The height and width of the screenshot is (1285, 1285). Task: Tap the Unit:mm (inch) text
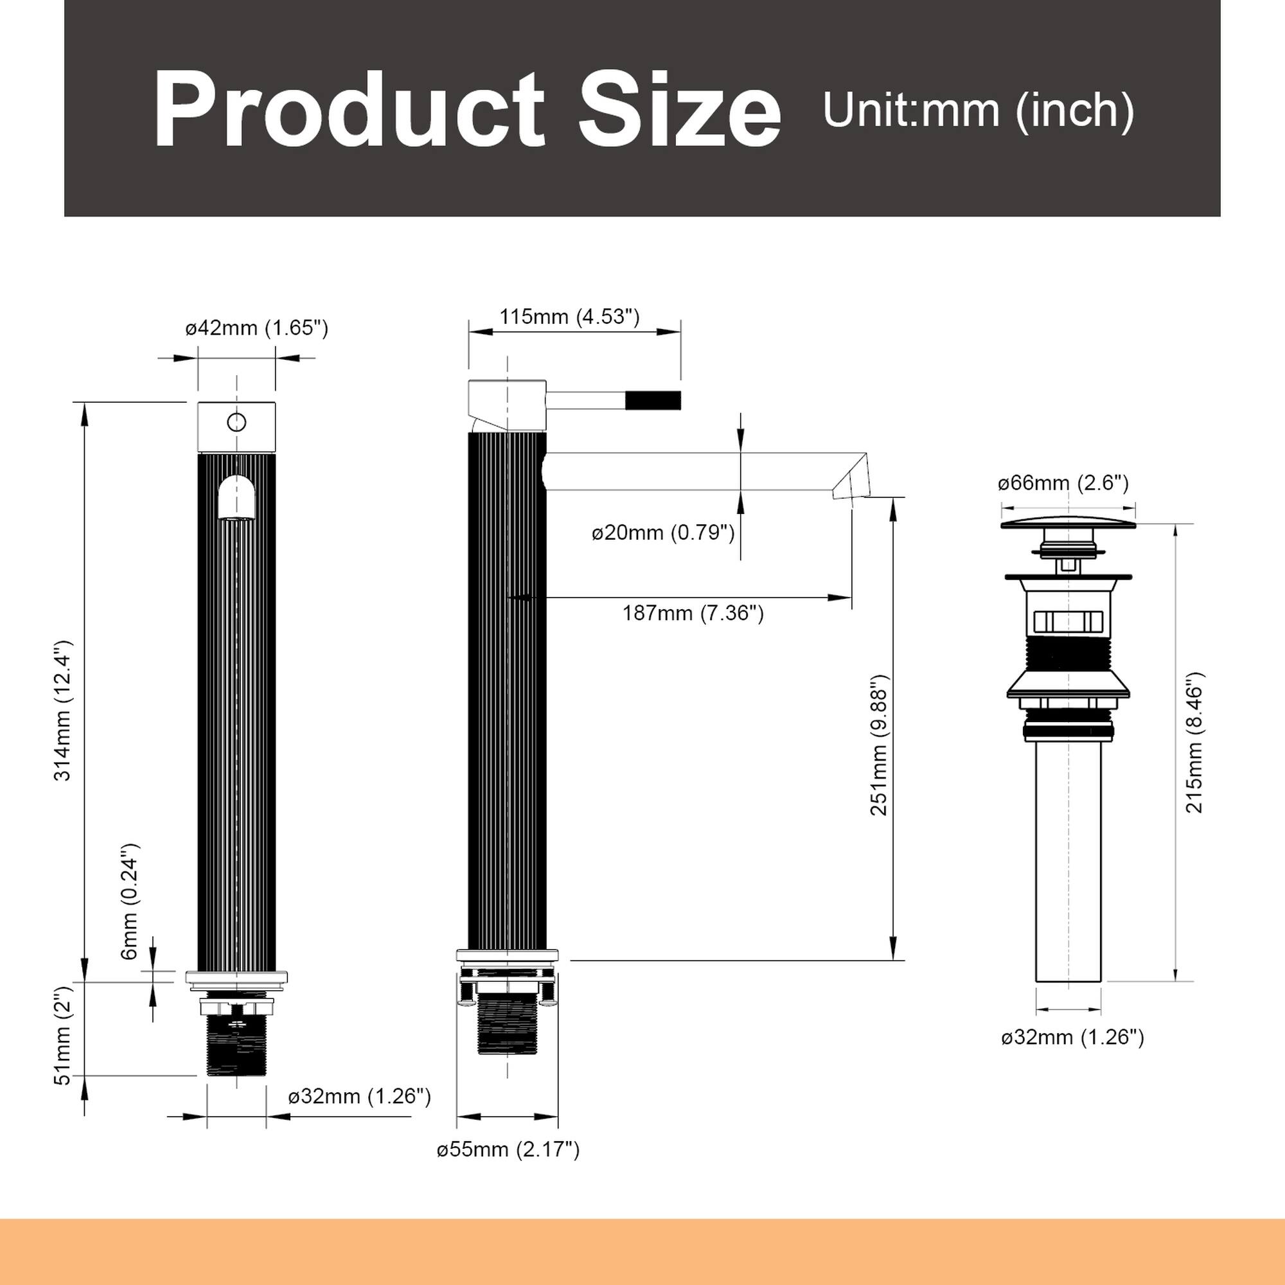tap(978, 111)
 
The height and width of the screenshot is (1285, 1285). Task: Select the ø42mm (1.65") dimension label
tap(257, 328)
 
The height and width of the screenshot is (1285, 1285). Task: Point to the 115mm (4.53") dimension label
tap(569, 317)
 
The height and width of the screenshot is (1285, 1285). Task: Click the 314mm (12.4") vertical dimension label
tap(63, 711)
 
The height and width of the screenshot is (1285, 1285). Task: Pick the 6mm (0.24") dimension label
tap(130, 902)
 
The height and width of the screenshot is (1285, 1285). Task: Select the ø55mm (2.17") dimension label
tap(508, 1149)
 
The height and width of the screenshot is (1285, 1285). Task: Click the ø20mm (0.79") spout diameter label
tap(663, 533)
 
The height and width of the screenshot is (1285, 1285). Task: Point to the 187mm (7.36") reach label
tap(693, 612)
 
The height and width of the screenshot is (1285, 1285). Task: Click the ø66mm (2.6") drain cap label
tap(1063, 483)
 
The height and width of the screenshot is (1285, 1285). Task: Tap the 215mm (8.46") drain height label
tap(1194, 741)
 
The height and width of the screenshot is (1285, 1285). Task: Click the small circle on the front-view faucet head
tap(237, 422)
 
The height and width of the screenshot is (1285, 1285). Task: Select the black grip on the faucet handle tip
tap(653, 400)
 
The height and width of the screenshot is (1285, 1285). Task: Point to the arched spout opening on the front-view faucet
tap(237, 497)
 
